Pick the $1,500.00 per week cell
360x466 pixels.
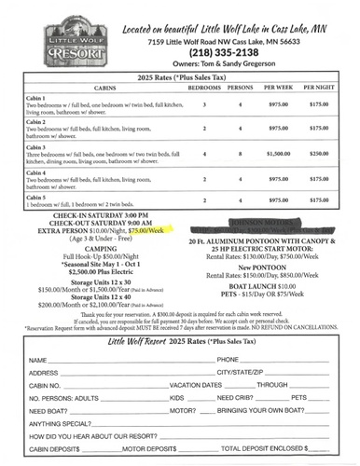point(278,153)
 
